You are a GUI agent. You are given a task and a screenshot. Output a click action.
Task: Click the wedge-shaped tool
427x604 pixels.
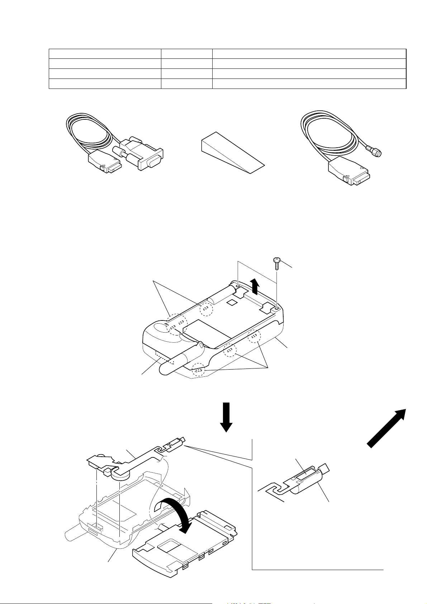click(229, 154)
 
